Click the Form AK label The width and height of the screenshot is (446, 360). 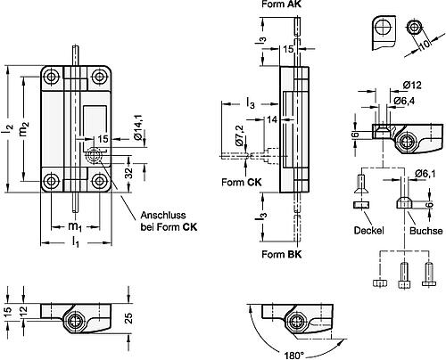tap(281, 4)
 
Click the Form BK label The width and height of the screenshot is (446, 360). tap(282, 254)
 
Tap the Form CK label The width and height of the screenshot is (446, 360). tap(242, 182)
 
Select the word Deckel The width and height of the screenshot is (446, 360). tap(368, 231)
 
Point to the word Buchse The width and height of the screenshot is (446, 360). tap(425, 231)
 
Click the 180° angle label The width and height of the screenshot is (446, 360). tap(294, 356)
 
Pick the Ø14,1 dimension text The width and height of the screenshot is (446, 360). tap(138, 127)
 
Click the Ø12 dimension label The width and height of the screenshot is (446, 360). tap(412, 86)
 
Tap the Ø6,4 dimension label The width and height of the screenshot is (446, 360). tap(404, 101)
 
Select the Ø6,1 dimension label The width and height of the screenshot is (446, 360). tap(425, 173)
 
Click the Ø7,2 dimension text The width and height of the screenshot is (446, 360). tap(239, 135)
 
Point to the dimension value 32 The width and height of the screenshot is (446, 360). tap(128, 174)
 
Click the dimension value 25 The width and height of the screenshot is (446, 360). tap(128, 318)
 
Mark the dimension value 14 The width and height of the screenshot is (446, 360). tap(271, 119)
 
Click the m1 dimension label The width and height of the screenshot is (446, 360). tap(75, 227)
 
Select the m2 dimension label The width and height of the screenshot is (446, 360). tap(25, 129)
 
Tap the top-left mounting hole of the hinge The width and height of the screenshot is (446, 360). tap(52, 77)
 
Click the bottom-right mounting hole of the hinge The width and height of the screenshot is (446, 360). tap(99, 181)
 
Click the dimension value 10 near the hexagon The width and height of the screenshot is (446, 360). tap(425, 45)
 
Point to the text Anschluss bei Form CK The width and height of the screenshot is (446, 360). tap(169, 221)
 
